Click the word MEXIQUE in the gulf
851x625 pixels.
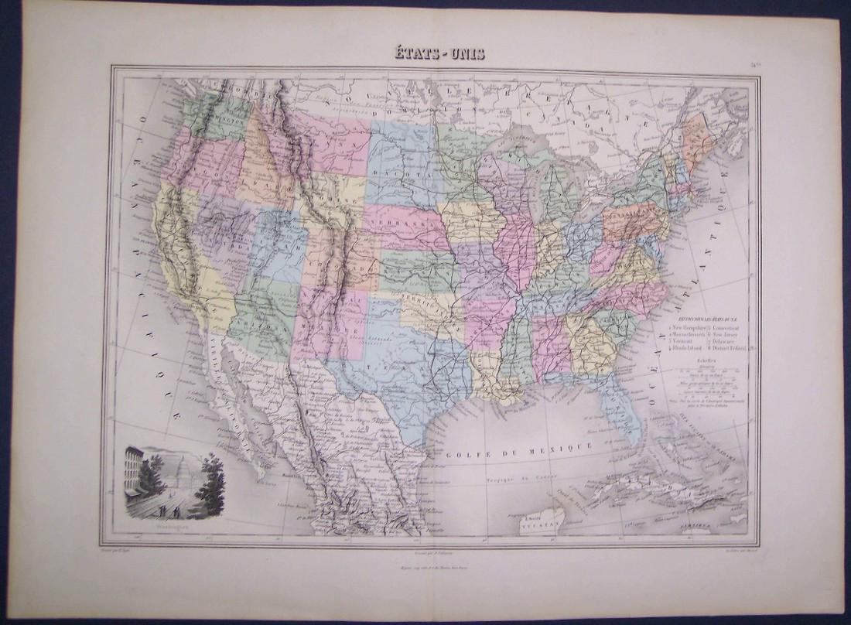tap(569, 446)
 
